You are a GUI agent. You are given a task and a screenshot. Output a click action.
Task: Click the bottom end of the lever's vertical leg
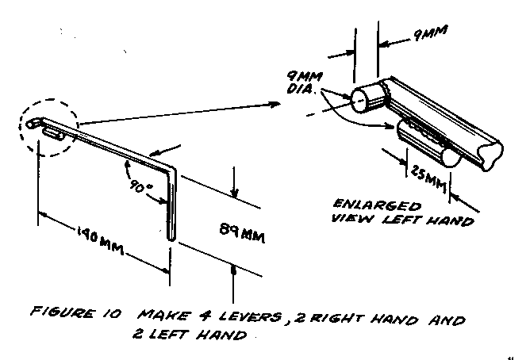click(x=170, y=237)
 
